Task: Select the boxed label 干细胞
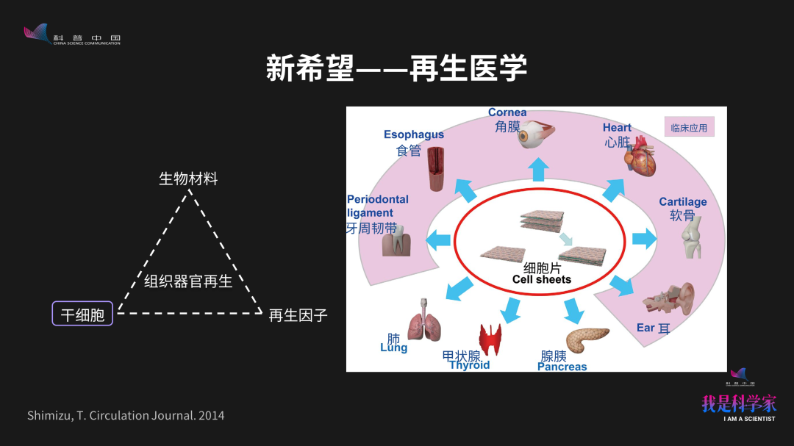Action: pos(82,315)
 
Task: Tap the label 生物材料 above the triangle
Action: pos(188,179)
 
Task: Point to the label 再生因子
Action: pos(298,315)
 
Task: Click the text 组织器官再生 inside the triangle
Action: pos(188,281)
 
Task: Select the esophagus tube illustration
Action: pos(437,169)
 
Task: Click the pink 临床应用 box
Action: pos(689,128)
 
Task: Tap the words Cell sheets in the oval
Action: pos(542,280)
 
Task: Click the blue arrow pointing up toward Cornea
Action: pos(538,170)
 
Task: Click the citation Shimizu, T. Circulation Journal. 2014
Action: pos(126,416)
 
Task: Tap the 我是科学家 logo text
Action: pos(739,403)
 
